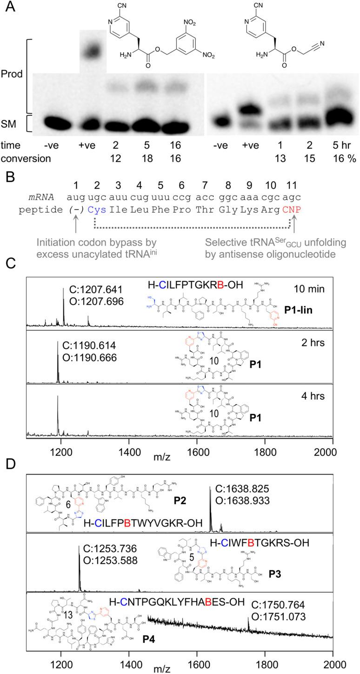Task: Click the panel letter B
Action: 7,177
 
